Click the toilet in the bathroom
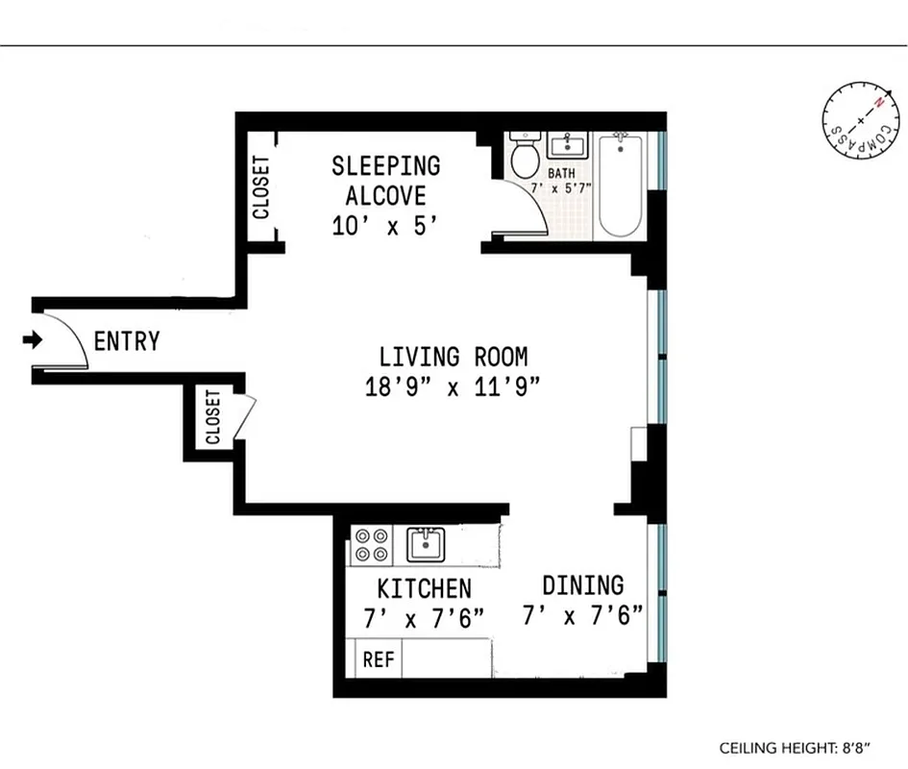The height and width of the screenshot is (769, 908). pyautogui.click(x=525, y=157)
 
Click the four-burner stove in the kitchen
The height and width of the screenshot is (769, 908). pyautogui.click(x=371, y=545)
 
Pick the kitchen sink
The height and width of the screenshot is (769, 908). pyautogui.click(x=424, y=544)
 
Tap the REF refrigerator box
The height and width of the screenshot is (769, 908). pyautogui.click(x=375, y=661)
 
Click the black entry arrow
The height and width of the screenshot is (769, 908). pyautogui.click(x=34, y=339)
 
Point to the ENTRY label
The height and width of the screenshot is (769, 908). pyautogui.click(x=127, y=341)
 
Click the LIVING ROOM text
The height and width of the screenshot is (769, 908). pyautogui.click(x=453, y=358)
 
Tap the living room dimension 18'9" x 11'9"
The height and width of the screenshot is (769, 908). pyautogui.click(x=453, y=388)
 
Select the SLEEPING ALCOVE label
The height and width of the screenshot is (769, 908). pyautogui.click(x=386, y=181)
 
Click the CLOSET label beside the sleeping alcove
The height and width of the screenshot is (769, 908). pyautogui.click(x=260, y=187)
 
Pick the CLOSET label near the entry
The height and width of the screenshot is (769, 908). pyautogui.click(x=212, y=417)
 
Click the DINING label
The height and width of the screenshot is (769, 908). pyautogui.click(x=582, y=584)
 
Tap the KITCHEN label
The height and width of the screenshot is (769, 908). pyautogui.click(x=424, y=588)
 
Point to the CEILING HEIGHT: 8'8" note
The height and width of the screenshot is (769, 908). pyautogui.click(x=800, y=747)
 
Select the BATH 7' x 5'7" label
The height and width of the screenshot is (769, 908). pyautogui.click(x=569, y=180)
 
